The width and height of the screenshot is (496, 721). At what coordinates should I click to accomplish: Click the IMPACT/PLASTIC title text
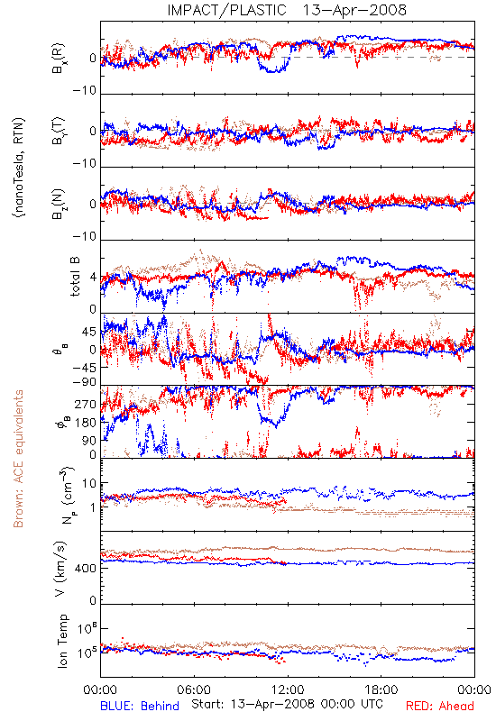[x=227, y=10]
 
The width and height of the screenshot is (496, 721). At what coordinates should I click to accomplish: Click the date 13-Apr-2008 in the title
[x=354, y=10]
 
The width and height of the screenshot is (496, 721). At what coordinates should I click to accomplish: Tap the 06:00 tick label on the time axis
[x=194, y=689]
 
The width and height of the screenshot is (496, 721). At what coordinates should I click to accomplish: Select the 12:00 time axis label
[x=288, y=689]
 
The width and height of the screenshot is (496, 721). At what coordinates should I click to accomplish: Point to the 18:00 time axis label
[x=381, y=689]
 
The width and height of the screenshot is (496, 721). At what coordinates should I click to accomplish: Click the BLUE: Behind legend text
[x=140, y=706]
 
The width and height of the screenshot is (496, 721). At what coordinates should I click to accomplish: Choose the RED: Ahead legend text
[x=440, y=706]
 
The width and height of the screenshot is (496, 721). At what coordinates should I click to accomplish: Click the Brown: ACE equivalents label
[x=18, y=459]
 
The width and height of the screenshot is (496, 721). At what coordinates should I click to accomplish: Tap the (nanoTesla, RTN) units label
[x=19, y=167]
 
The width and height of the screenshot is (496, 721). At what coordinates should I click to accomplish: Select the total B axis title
[x=75, y=276]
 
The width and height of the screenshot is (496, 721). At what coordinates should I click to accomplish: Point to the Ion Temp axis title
[x=62, y=641]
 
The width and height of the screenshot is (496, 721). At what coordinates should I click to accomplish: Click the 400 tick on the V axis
[x=86, y=569]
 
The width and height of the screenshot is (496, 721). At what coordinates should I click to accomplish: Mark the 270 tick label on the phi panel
[x=86, y=404]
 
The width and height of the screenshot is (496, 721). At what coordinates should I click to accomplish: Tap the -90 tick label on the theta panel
[x=85, y=382]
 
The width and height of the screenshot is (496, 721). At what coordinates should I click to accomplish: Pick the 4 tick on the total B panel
[x=94, y=278]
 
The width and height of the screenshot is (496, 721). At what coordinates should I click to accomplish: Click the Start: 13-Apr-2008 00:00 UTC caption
[x=286, y=704]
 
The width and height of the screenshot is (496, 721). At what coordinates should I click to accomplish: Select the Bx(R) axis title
[x=59, y=59]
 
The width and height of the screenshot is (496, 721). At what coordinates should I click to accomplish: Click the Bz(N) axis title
[x=59, y=204]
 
